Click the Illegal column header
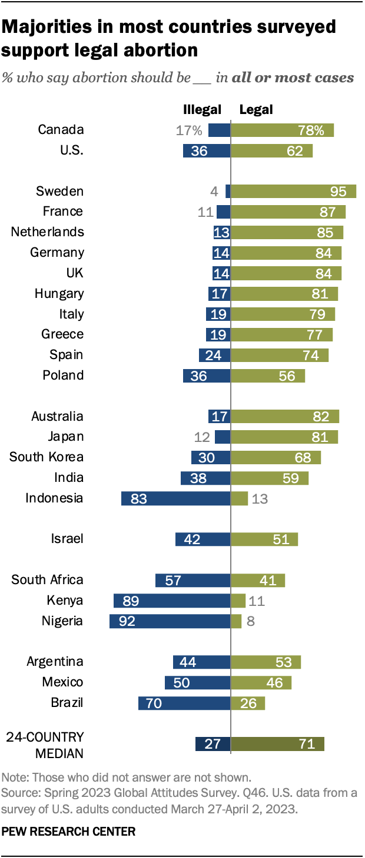[203, 109]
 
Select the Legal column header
[256, 109]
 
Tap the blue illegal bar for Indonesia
[175, 498]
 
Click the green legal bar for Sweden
[293, 191]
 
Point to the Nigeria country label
[62, 621]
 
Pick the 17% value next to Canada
[188, 130]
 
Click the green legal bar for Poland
[268, 376]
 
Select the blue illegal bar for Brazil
[184, 703]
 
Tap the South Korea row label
[47, 457]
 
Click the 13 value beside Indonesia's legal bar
[260, 498]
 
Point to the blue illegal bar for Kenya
[172, 601]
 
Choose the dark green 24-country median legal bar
[277, 744]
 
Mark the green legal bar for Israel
[264, 539]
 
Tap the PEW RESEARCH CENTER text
[68, 832]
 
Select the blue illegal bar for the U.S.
[207, 150]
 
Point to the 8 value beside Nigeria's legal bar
[251, 621]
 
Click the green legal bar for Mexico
[261, 682]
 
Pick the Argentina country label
[55, 662]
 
